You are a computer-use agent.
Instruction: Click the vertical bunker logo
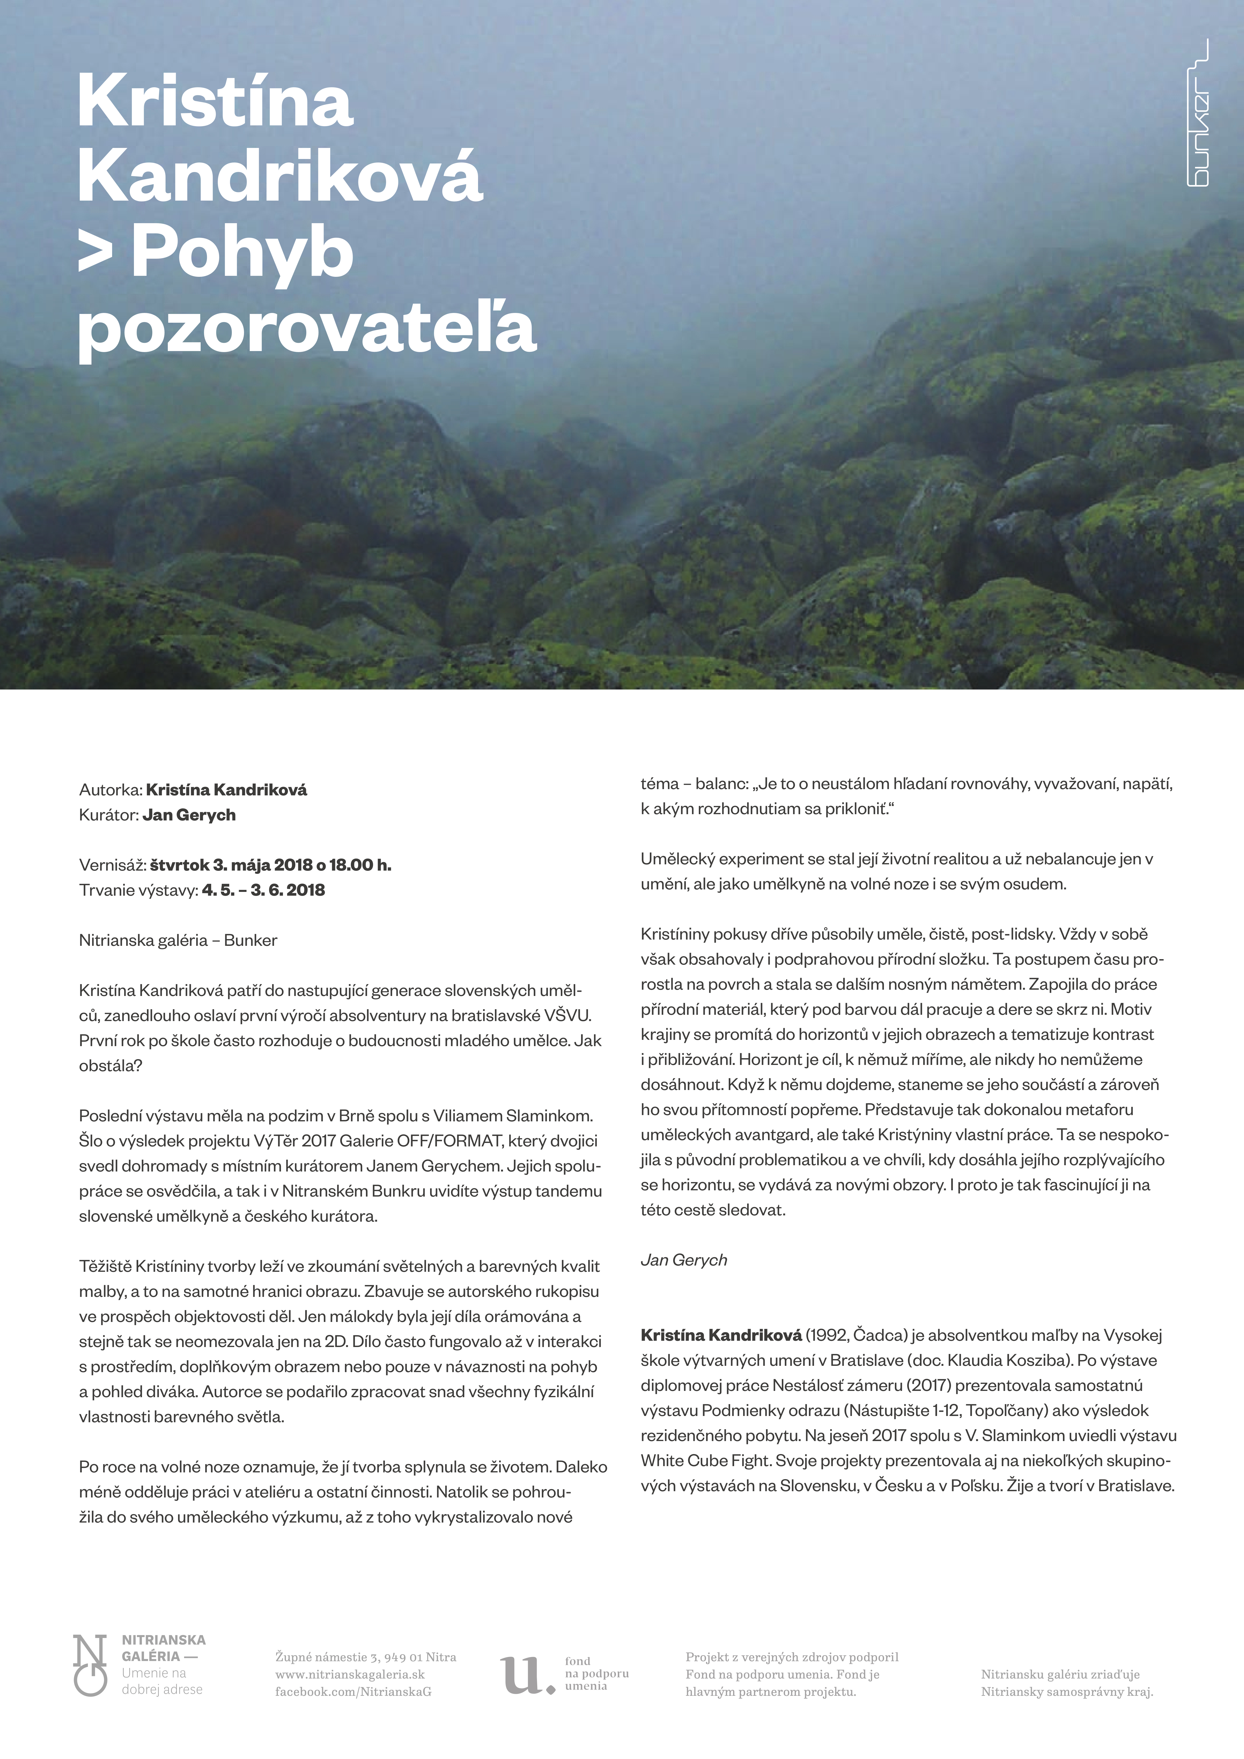pyautogui.click(x=1197, y=113)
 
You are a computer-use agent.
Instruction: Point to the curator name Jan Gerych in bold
pyautogui.click(x=189, y=815)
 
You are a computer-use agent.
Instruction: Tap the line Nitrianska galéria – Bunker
pyautogui.click(x=178, y=940)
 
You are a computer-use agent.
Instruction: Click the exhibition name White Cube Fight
pyautogui.click(x=705, y=1460)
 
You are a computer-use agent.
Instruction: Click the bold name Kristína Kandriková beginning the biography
pyautogui.click(x=721, y=1335)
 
